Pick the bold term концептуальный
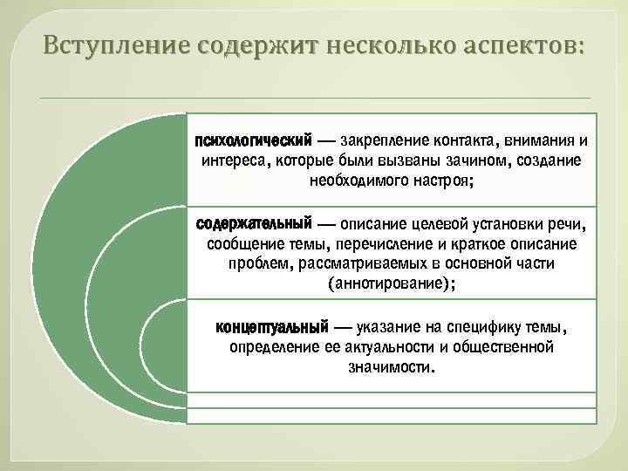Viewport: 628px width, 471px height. click(x=271, y=327)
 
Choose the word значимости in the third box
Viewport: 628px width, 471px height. click(x=389, y=367)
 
